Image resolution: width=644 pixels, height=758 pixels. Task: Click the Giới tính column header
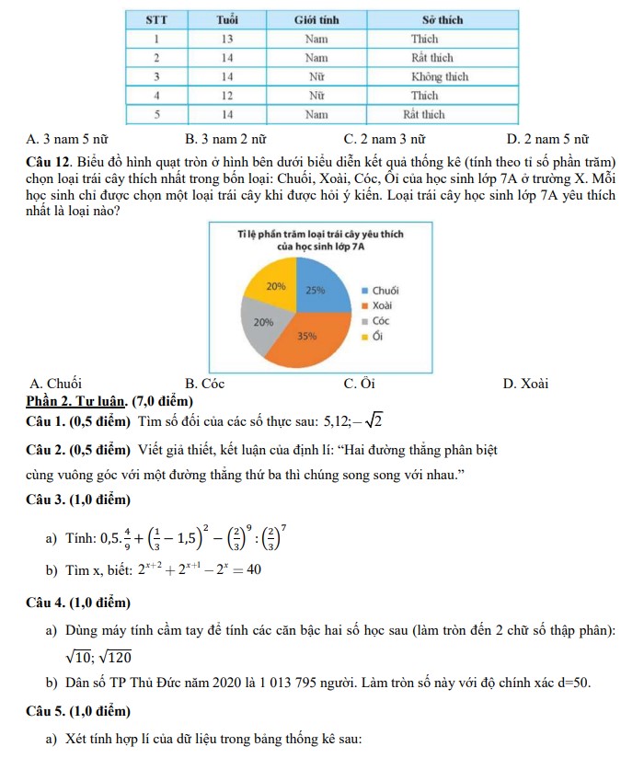coord(316,19)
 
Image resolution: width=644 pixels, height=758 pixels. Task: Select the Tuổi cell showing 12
coord(226,95)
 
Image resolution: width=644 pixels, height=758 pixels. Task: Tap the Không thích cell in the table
coord(439,76)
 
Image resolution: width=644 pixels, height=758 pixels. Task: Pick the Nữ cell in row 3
coord(316,76)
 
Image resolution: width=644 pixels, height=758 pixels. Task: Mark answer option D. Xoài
coord(526,384)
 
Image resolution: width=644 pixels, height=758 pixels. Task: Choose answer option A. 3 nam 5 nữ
coord(67,140)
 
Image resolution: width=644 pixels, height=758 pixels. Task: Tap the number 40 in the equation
coord(254,569)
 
